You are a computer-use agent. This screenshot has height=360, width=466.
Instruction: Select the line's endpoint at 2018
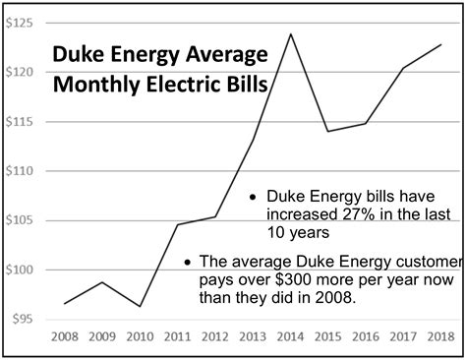pos(440,44)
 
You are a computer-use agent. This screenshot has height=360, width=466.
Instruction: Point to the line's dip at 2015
pos(328,131)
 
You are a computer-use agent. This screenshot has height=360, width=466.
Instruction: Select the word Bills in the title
pos(241,85)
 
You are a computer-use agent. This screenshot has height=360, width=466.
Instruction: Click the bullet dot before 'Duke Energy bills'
pos(253,196)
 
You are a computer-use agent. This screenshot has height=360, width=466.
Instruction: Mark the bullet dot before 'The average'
pos(188,263)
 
